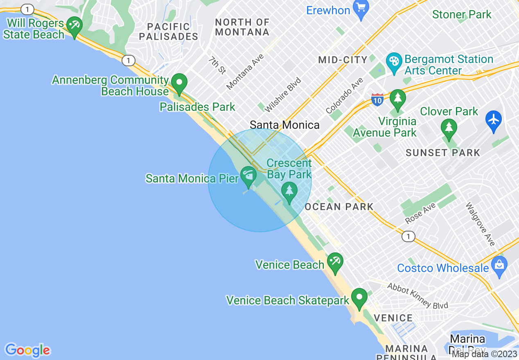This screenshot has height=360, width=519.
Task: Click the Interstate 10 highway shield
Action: [377, 99]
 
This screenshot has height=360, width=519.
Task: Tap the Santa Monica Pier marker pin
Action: [248, 175]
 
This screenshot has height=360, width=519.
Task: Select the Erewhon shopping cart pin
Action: [361, 9]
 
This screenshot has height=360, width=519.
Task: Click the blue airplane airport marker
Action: [494, 120]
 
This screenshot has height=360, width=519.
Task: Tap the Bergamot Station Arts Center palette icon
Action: [394, 63]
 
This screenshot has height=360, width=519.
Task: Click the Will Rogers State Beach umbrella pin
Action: [74, 26]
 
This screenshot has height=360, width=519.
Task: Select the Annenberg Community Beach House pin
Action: [179, 83]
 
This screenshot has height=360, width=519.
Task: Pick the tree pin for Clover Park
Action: [449, 128]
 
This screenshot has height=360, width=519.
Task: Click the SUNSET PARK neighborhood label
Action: [443, 153]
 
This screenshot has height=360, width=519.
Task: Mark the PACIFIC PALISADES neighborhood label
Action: [168, 32]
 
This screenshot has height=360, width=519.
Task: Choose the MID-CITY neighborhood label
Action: [343, 60]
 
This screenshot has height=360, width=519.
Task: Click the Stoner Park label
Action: [462, 15]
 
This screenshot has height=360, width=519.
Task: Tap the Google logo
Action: [28, 350]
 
